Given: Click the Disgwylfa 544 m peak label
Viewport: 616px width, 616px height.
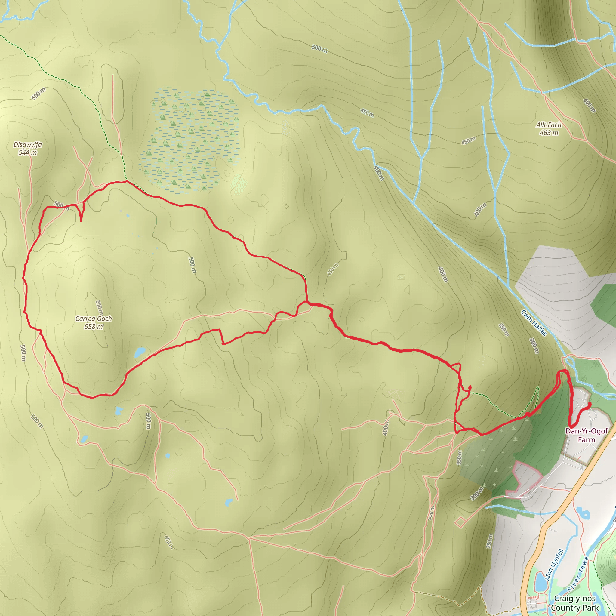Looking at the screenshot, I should pos(28,149).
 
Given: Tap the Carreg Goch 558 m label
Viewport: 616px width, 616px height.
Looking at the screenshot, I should pos(94,322).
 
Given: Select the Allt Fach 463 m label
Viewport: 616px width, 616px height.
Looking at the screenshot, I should pos(548,129).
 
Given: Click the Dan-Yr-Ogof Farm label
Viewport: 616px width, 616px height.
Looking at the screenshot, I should pos(586,435).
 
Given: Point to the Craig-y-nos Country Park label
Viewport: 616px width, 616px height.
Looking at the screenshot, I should pos(575,603).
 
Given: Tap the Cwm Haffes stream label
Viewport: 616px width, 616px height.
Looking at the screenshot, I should pos(534,323).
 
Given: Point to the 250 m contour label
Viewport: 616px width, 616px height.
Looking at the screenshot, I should pos(489,541).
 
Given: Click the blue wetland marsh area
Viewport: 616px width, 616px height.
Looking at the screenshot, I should pos(191,140).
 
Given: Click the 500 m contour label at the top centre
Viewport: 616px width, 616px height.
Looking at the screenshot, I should pos(319,48).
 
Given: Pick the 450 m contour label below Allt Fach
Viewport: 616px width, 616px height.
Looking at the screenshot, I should pos(468,140).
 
